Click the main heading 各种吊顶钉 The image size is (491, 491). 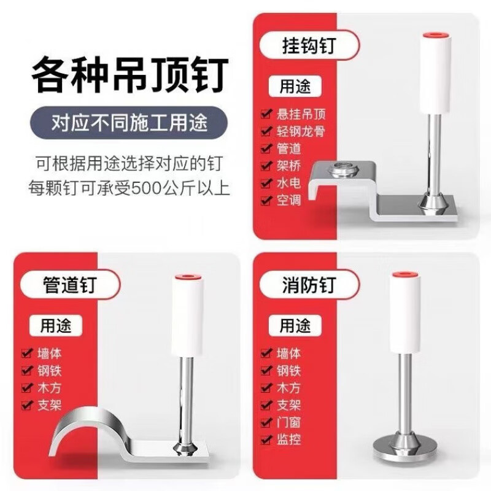pos(130,74)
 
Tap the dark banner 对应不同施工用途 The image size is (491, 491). pos(129,122)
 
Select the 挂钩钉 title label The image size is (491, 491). pos(309,45)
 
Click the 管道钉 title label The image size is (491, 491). pos(69,285)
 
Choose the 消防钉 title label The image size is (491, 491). pos(309,285)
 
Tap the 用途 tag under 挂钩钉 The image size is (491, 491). pos(295,86)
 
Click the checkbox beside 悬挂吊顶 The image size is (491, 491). pos(266,114)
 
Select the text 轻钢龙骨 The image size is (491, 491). pos(301,131)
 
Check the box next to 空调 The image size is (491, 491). pos(266,200)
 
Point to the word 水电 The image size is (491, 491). pos(288,182)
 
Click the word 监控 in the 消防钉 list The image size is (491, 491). pos(288,439)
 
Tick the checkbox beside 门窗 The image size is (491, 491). pos(266,422)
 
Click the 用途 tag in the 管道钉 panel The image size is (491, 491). pos(56,326)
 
